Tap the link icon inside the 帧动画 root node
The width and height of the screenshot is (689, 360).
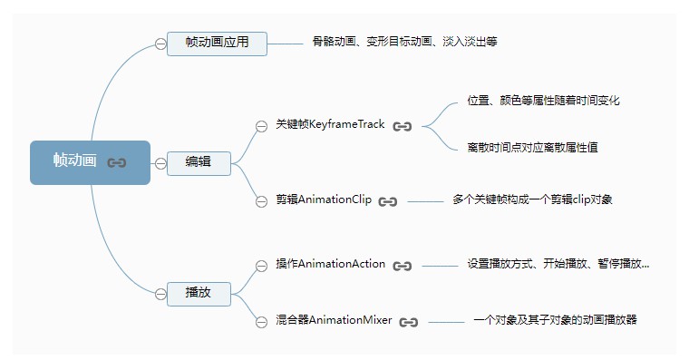(x=117, y=162)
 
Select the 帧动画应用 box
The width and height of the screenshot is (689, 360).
(x=217, y=44)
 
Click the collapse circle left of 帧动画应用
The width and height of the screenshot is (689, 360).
(x=160, y=44)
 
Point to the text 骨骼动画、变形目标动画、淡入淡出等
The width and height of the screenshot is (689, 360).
(x=404, y=42)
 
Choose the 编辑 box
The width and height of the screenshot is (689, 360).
(x=199, y=162)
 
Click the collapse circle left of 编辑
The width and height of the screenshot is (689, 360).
(x=160, y=163)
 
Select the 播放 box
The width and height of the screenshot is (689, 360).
(x=199, y=292)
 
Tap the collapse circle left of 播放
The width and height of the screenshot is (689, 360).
(x=160, y=292)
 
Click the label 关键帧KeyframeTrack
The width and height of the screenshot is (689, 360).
(x=331, y=125)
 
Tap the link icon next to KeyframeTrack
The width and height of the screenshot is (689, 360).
(x=403, y=126)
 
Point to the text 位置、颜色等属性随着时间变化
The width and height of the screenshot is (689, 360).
(x=543, y=101)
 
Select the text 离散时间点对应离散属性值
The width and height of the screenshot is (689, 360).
(x=532, y=147)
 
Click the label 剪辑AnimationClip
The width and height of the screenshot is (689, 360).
(x=324, y=199)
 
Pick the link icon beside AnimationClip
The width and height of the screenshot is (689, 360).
(x=388, y=201)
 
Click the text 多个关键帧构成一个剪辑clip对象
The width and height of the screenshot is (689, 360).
(x=532, y=199)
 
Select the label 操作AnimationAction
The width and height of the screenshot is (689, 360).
(x=331, y=264)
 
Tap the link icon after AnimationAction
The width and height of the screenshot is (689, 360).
(x=403, y=266)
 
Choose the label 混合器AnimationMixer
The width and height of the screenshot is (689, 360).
(x=334, y=320)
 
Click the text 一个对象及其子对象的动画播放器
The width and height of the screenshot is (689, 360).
(x=555, y=320)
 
